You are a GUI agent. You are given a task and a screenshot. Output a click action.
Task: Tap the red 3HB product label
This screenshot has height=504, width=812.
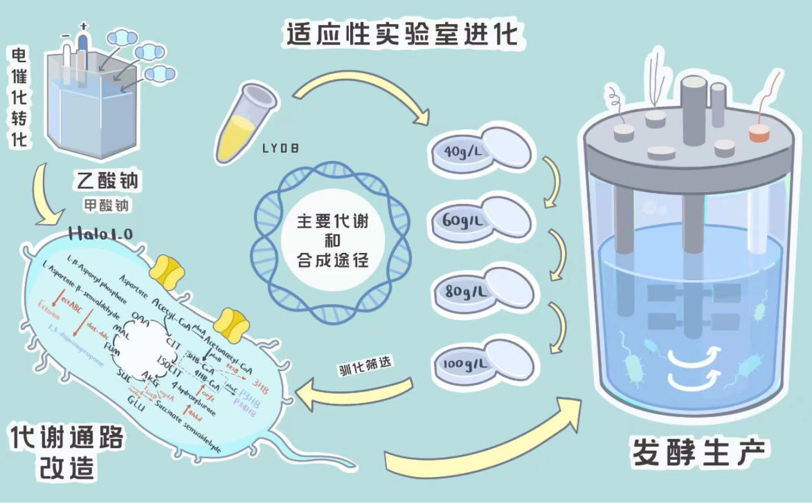262,382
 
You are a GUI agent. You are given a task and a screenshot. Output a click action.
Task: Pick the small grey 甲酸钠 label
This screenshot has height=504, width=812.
105,206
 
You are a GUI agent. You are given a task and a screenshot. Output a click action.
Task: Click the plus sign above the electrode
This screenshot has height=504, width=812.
84,28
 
